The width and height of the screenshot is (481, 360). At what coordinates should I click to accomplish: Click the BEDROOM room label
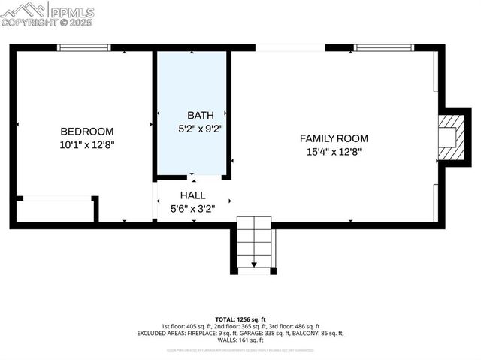pyautogui.click(x=87, y=131)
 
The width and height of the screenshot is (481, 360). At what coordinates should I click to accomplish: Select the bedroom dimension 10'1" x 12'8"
pyautogui.click(x=87, y=144)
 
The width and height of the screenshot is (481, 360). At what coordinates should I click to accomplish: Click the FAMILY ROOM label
pyautogui.click(x=334, y=138)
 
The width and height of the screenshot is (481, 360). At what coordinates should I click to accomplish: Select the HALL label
pyautogui.click(x=192, y=195)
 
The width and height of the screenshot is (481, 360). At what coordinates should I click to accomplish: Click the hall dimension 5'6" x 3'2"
pyautogui.click(x=192, y=208)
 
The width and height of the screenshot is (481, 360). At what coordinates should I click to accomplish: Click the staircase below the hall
pyautogui.click(x=254, y=241)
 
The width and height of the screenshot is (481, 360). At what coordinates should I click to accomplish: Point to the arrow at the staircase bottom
pyautogui.click(x=254, y=263)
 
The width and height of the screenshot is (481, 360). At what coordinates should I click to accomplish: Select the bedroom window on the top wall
pyautogui.click(x=84, y=48)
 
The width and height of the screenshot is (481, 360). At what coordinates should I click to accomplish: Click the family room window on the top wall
pyautogui.click(x=383, y=48)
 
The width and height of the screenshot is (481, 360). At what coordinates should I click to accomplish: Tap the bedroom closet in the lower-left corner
pyautogui.click(x=55, y=210)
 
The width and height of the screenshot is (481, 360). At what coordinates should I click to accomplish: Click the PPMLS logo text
pyautogui.click(x=71, y=12)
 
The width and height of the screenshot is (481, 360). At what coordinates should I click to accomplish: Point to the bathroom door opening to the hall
pyautogui.click(x=194, y=178)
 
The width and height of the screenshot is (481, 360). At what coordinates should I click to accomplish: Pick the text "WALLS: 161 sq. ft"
pyautogui.click(x=240, y=340)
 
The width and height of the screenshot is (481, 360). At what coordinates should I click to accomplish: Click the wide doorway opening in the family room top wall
pyautogui.click(x=290, y=48)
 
